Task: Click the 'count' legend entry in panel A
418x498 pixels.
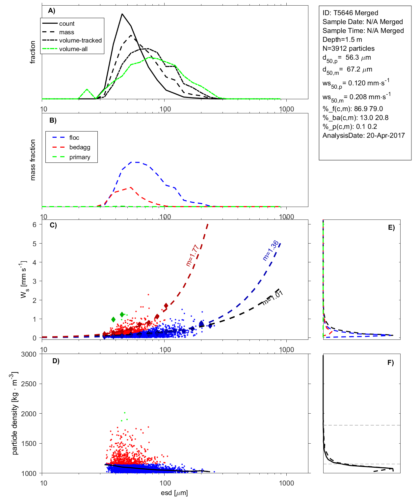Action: [x=67, y=24]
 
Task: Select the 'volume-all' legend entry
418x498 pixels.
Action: [x=73, y=49]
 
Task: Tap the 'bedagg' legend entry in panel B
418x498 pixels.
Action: [x=80, y=147]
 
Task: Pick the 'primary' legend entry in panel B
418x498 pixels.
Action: [x=80, y=157]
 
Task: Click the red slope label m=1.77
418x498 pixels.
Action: [x=192, y=255]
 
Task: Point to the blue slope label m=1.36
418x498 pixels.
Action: [x=271, y=251]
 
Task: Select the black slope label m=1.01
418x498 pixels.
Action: [x=273, y=298]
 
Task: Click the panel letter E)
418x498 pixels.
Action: [x=391, y=227]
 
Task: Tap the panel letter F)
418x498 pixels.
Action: [x=390, y=363]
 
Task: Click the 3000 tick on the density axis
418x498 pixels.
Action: [x=29, y=354]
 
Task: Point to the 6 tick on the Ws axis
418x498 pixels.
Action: [x=34, y=224]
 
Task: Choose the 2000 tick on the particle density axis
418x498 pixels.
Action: [x=29, y=414]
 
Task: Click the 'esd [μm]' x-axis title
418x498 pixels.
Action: [x=174, y=493]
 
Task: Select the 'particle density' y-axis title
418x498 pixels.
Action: [x=15, y=414]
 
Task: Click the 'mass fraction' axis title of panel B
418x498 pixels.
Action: [x=33, y=160]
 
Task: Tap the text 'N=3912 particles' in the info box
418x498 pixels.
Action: [x=348, y=48]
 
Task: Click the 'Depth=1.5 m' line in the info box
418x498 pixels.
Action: [x=342, y=40]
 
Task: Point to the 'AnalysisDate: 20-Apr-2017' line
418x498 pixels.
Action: [x=363, y=135]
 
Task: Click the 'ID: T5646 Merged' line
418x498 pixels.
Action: [x=350, y=13]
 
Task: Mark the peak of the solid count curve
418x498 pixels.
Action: [x=122, y=14]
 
